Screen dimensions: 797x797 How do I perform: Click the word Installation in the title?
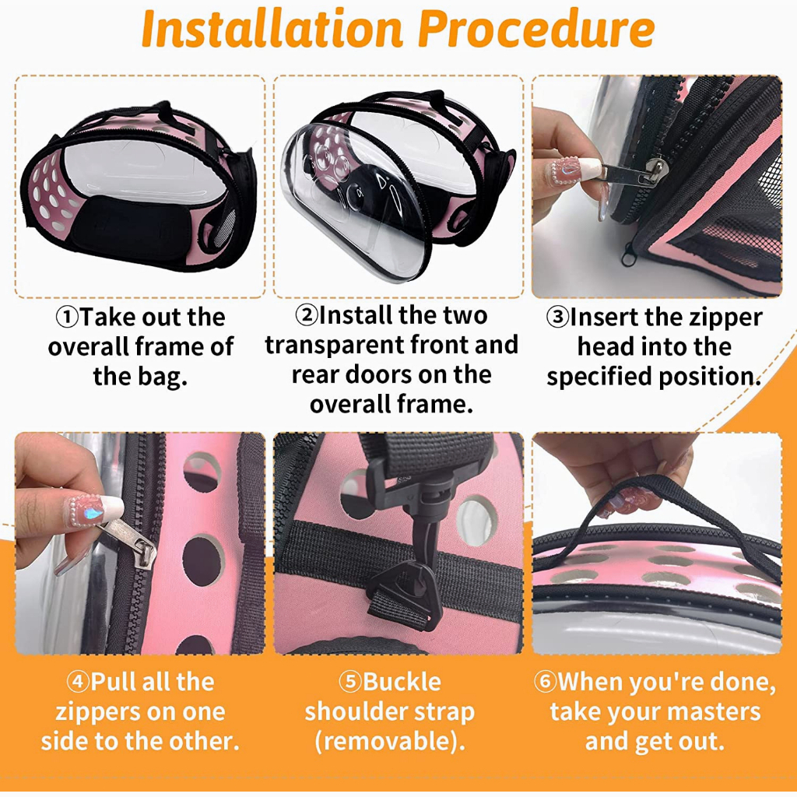272,29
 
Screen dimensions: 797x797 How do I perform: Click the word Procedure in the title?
536,30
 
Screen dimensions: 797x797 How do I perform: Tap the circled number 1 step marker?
67,318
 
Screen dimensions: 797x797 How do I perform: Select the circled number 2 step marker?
307,315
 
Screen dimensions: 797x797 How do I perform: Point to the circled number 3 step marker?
557,318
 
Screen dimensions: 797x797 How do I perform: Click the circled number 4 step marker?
78,682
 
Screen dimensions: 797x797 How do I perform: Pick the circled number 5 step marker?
350,682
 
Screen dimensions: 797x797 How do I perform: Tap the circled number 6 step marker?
545,682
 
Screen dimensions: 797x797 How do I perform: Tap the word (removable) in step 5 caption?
391,742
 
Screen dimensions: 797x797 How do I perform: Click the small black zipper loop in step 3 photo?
629,254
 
